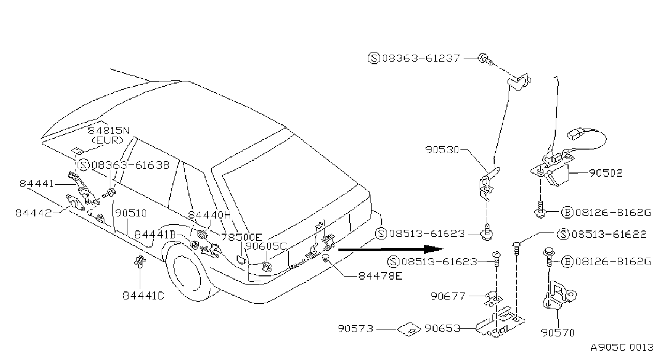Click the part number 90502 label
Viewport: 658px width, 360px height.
coord(606,173)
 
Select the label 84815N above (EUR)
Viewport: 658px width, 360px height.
coord(109,131)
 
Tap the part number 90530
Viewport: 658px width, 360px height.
coord(442,150)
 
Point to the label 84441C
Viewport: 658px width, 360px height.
coord(143,295)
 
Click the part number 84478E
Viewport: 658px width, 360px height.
coord(380,276)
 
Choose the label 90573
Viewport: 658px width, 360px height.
coord(355,328)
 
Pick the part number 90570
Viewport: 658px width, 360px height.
coord(558,333)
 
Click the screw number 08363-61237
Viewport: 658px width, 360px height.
coord(421,58)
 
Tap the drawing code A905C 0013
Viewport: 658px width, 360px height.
coord(622,348)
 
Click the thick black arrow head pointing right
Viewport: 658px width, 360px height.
coord(433,249)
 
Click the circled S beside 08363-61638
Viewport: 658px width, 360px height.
coord(84,165)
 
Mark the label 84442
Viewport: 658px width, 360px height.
coord(34,213)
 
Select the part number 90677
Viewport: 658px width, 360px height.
coord(448,296)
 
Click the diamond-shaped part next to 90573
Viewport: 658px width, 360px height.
coord(409,329)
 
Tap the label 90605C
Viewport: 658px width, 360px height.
coord(266,246)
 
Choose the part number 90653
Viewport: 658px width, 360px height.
coord(442,328)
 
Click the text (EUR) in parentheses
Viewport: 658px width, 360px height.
coord(108,140)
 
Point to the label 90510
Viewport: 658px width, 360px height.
coord(131,213)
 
